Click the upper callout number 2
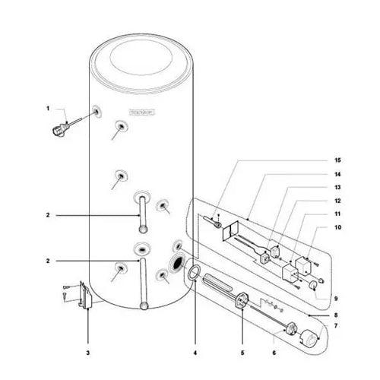click(47, 216)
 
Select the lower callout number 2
click(47, 260)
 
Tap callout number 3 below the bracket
click(87, 353)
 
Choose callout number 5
click(242, 353)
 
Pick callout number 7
click(337, 325)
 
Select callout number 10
click(337, 227)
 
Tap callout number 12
click(337, 201)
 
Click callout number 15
click(337, 160)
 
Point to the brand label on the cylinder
click(142, 112)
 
